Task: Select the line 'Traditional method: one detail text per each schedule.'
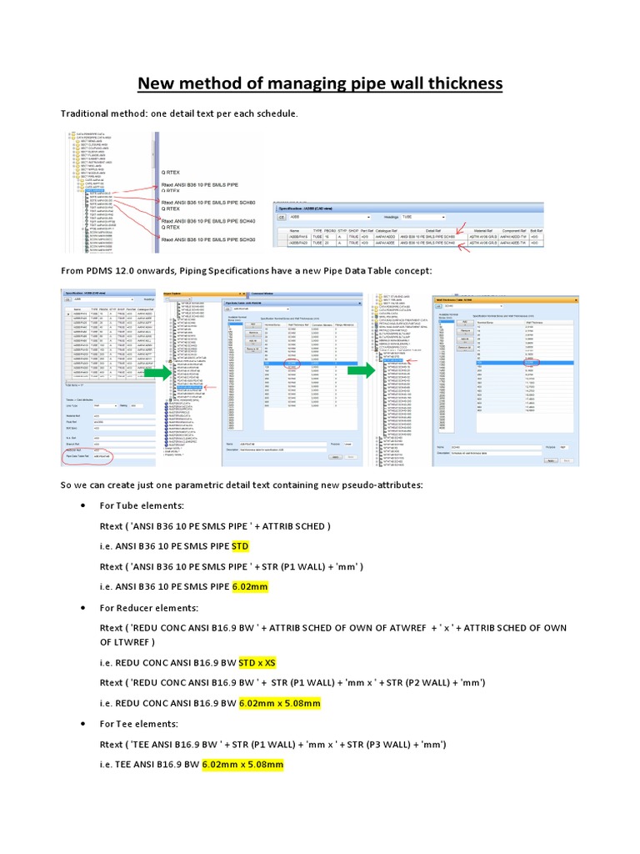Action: pyautogui.click(x=178, y=113)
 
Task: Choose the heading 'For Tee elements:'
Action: pyautogui.click(x=140, y=723)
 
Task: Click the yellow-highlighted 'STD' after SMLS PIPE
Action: pyautogui.click(x=240, y=547)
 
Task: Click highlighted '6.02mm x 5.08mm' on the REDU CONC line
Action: pyautogui.click(x=279, y=703)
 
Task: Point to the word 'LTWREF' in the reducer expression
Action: pyautogui.click(x=125, y=642)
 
